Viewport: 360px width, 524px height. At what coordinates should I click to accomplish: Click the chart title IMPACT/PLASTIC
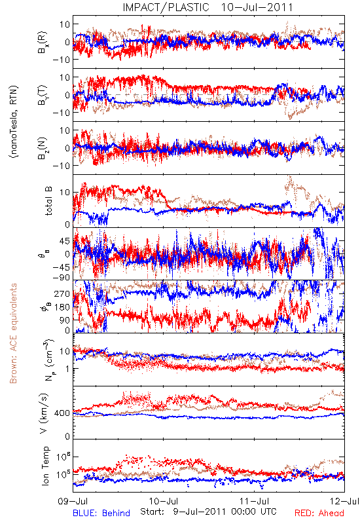[166, 7]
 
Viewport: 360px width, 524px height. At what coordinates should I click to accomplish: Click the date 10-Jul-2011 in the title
[257, 7]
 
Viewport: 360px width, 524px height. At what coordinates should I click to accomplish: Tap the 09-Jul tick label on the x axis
[73, 501]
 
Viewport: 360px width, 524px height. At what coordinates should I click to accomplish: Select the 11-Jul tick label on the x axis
[255, 501]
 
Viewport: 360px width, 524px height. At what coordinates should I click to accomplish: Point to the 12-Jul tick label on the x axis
[345, 501]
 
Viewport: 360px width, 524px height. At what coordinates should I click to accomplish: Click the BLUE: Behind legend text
[101, 513]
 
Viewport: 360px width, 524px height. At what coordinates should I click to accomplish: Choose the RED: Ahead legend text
[319, 513]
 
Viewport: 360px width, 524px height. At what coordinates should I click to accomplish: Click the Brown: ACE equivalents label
[12, 333]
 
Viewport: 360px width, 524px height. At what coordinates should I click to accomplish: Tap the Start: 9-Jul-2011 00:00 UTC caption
[208, 512]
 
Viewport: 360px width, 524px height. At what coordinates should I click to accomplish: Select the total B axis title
[48, 201]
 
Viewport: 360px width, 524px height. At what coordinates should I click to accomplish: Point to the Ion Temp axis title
[45, 466]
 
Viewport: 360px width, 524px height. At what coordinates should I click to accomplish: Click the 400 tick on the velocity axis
[62, 413]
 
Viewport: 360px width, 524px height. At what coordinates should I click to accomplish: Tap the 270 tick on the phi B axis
[62, 293]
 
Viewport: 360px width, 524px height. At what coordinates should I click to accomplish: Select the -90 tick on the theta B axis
[62, 277]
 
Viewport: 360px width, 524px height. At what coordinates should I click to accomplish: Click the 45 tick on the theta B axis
[65, 241]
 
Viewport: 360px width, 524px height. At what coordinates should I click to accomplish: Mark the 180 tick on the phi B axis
[62, 307]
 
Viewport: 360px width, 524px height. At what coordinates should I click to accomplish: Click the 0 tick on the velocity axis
[68, 436]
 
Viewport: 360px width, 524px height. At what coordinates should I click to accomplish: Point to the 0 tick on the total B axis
[68, 224]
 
